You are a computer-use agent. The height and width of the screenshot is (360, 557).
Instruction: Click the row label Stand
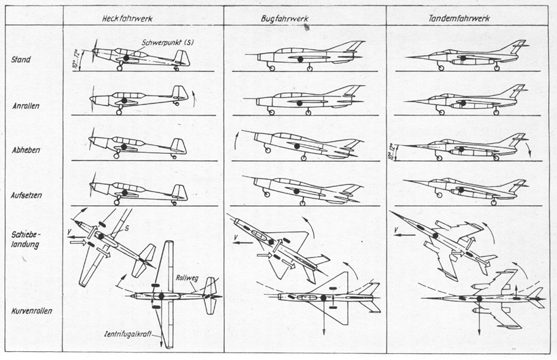click(22, 59)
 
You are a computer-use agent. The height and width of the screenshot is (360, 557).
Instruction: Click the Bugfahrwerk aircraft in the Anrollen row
click(302, 101)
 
